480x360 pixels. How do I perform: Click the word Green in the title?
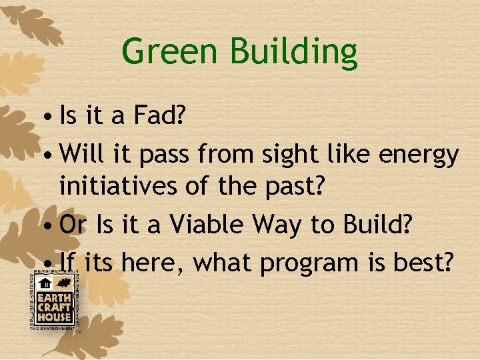pyautogui.click(x=164, y=51)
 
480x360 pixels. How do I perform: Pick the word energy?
pyautogui.click(x=418, y=155)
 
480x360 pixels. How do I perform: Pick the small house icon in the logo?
pyautogui.click(x=47, y=283)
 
